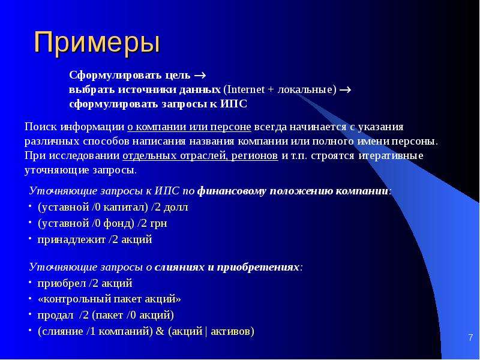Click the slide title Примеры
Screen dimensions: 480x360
click(97, 43)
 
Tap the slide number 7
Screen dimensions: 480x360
click(470, 338)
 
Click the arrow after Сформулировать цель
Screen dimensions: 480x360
click(200, 76)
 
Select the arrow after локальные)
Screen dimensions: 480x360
click(345, 90)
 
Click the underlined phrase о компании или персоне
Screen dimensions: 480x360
click(189, 127)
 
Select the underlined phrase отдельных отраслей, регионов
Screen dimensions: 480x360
click(200, 156)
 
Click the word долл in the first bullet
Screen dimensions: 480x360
click(176, 207)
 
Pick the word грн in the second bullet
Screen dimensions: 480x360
click(158, 223)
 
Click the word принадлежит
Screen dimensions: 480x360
click(71, 239)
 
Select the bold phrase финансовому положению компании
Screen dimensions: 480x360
click(293, 191)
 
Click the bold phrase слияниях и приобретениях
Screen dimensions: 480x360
click(227, 267)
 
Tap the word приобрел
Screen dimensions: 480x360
click(62, 283)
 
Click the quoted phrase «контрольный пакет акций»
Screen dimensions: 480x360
click(109, 299)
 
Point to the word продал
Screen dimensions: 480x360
click(55, 316)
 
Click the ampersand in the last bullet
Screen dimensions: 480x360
click(160, 331)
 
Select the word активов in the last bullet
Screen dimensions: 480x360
click(231, 331)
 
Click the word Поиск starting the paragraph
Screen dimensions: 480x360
click(41, 127)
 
